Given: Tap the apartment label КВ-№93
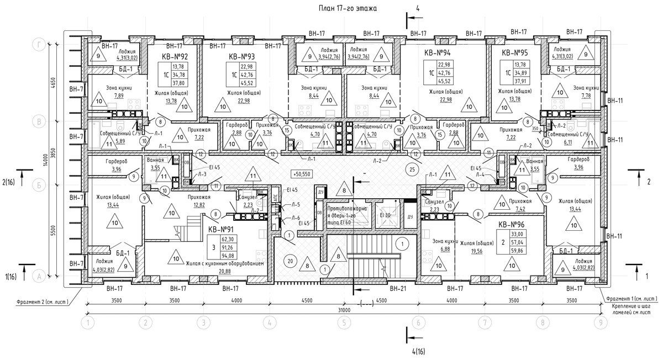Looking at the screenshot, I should click(x=241, y=57).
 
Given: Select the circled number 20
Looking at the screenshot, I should click(x=288, y=261).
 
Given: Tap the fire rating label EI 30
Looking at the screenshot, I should click(x=385, y=215).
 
